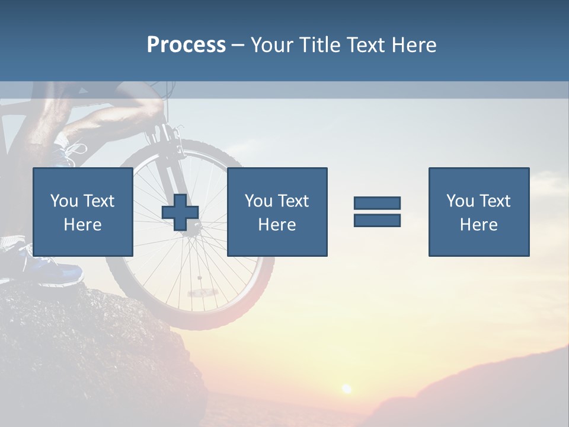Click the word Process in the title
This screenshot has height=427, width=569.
click(186, 44)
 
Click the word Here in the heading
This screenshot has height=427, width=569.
click(415, 44)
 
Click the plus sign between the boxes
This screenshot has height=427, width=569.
click(180, 212)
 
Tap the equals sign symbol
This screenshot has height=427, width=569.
click(377, 212)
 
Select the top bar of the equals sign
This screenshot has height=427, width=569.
click(377, 203)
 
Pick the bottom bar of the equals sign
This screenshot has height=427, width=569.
click(377, 221)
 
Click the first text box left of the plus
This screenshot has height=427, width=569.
click(82, 212)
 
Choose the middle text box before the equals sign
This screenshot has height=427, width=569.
click(277, 212)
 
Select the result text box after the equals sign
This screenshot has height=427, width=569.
click(478, 212)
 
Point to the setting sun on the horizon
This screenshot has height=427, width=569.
click(346, 388)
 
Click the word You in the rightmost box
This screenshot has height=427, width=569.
click(459, 201)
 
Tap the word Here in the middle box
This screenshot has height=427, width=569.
click(277, 225)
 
